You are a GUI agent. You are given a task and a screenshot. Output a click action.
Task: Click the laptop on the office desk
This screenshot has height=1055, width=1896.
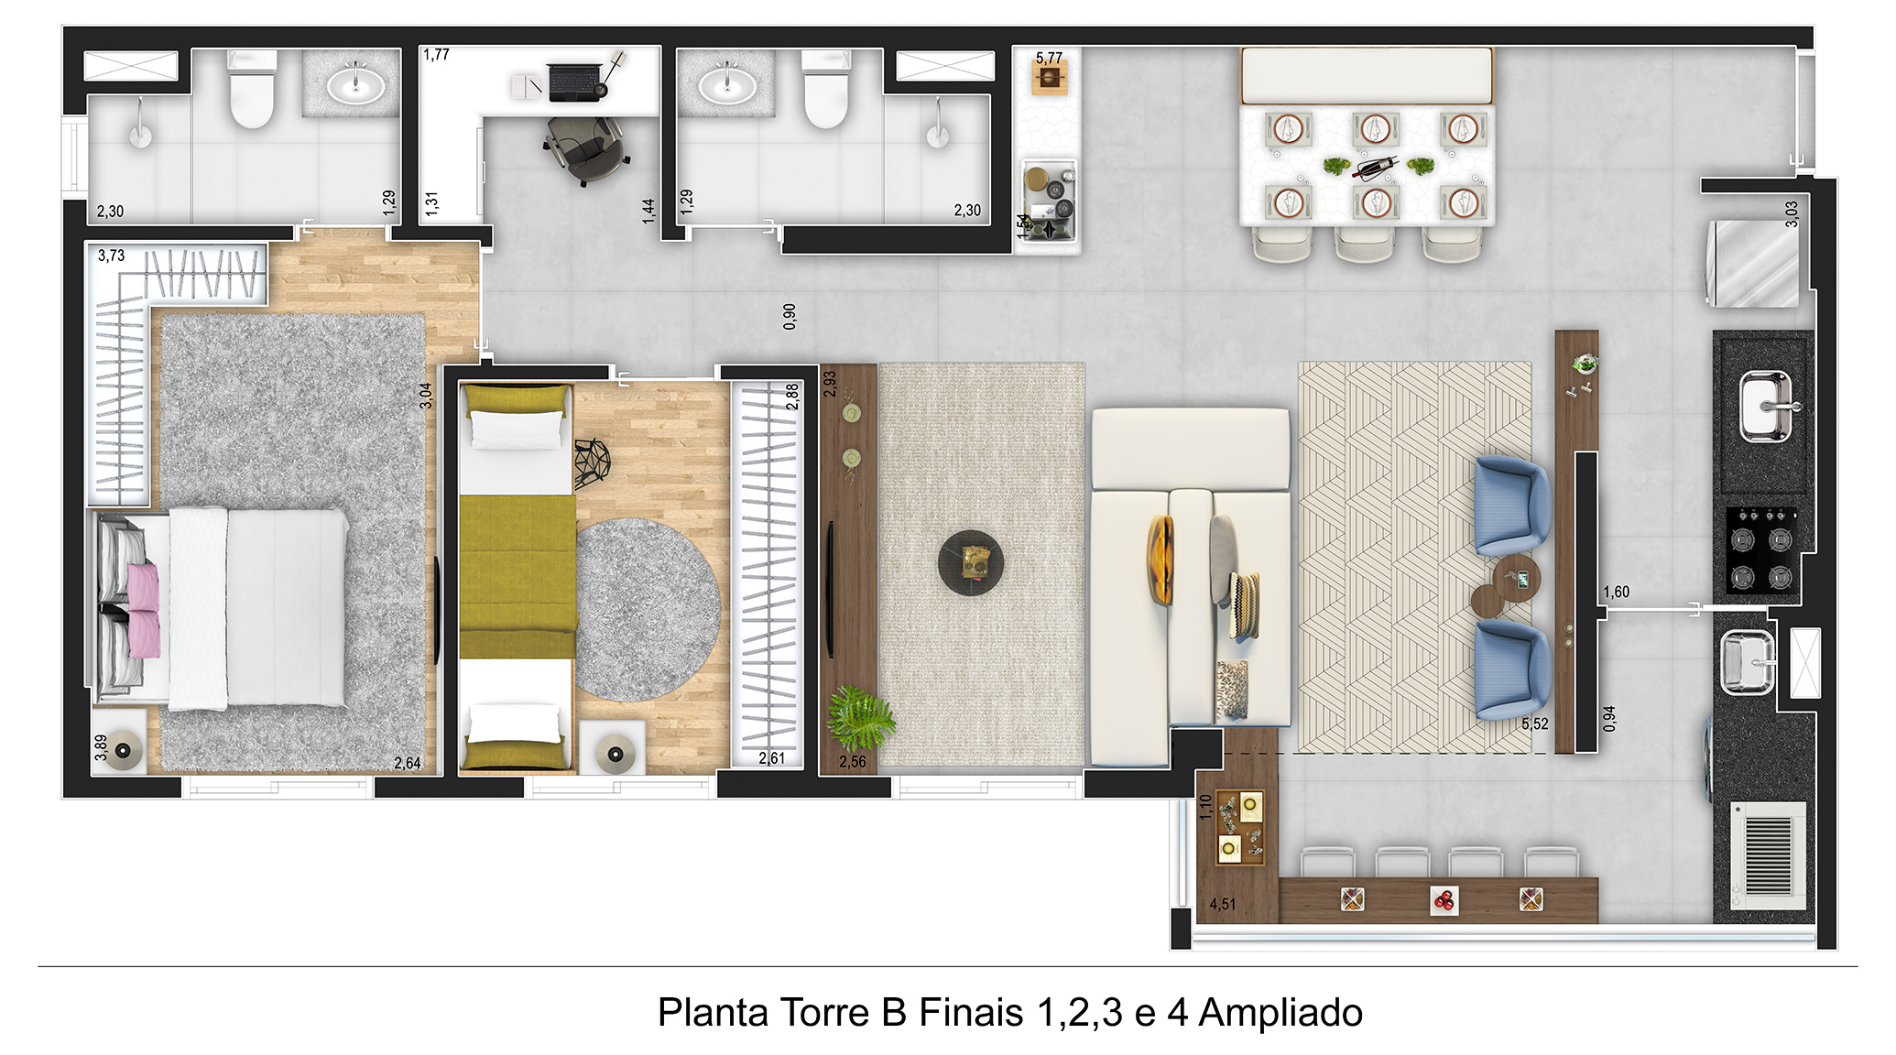(575, 82)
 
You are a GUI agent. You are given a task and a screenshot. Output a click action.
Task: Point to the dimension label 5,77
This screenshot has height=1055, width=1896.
(1049, 58)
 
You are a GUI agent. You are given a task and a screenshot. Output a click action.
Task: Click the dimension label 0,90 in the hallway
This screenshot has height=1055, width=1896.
(790, 316)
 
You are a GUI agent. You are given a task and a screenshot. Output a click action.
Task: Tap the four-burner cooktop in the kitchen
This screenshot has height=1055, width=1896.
(1761, 549)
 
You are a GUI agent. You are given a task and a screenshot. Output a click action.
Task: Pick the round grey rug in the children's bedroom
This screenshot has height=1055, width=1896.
(648, 610)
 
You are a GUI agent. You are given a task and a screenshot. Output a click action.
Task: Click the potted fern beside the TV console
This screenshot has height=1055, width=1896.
(860, 717)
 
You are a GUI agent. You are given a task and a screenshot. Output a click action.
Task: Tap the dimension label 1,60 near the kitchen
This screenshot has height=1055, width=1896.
(1616, 592)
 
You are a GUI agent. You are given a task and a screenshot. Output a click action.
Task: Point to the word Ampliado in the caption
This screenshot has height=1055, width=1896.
(1280, 1013)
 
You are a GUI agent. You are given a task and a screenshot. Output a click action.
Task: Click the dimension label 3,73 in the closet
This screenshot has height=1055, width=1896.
(112, 256)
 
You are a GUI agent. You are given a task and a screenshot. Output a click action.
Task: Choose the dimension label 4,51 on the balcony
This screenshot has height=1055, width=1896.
(1223, 904)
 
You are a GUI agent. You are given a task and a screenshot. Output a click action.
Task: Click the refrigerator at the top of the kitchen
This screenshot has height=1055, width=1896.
(1752, 263)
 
